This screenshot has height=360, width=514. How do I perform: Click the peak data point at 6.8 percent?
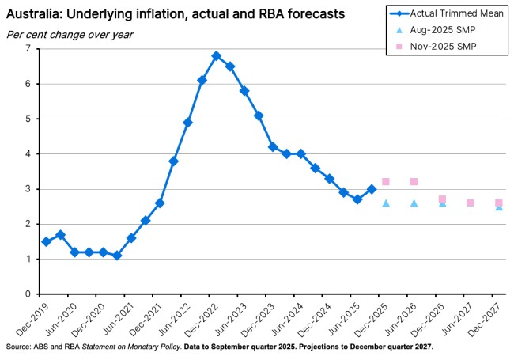pos(216,56)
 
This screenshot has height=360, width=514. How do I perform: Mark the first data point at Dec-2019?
pos(46,241)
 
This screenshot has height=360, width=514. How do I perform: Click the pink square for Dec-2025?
pos(386,182)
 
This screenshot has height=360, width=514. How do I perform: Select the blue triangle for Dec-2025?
pos(386,203)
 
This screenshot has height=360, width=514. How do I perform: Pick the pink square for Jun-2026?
pos(414,182)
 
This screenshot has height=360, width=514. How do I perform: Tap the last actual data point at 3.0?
pos(372,189)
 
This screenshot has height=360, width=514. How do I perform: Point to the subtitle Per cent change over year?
pos(70,34)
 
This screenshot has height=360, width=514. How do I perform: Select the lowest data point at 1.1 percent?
pos(117,256)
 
